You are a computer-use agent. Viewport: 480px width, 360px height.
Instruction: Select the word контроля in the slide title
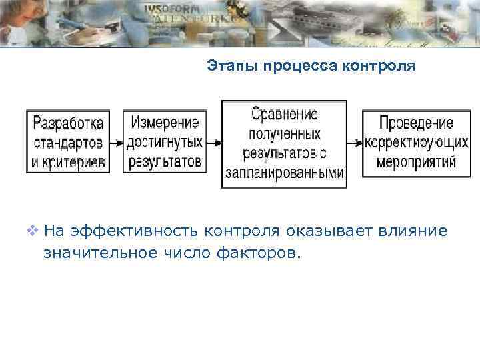pos(379,67)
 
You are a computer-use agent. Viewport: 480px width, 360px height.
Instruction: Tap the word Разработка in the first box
pos(69,123)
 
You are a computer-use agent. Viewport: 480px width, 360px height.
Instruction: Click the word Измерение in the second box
pos(165,123)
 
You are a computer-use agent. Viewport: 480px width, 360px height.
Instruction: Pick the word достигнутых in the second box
pos(165,142)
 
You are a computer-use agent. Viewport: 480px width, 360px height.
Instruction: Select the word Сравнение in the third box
pos(284,114)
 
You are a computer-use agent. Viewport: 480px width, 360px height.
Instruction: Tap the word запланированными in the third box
pos(285,172)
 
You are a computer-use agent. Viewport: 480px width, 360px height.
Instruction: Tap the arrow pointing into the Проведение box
pos(355,143)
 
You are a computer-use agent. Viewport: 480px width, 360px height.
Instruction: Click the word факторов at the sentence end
pos(265,253)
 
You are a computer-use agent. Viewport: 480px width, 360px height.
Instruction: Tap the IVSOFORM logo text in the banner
pos(170,9)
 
